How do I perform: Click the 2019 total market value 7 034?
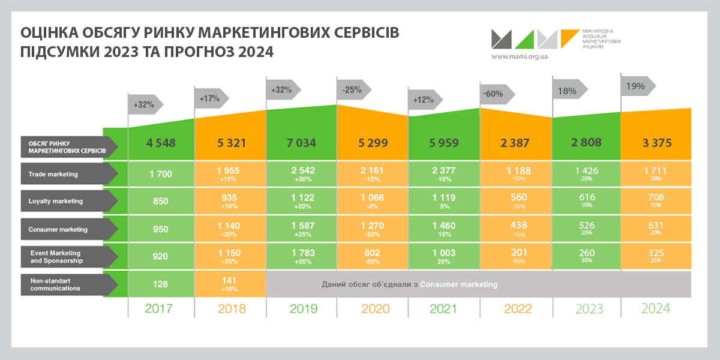(x=301, y=143)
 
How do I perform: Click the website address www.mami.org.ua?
(x=520, y=56)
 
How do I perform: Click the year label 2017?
(x=159, y=309)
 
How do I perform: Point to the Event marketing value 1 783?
(x=301, y=253)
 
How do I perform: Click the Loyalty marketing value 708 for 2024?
(x=655, y=197)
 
